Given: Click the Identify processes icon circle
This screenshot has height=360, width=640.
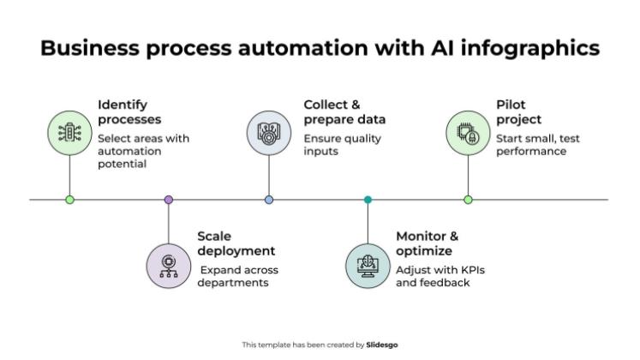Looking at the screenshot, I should (69, 133).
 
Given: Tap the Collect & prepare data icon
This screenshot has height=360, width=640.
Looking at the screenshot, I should (269, 133).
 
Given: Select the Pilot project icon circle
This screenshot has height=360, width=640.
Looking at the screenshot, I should (468, 133).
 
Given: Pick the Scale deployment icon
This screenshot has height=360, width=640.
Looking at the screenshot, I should (169, 264).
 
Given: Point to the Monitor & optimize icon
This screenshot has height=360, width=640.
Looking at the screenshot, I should (368, 264).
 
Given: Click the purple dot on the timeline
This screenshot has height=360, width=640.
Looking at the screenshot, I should (169, 200).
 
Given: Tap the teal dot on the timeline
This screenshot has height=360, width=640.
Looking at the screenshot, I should (368, 200).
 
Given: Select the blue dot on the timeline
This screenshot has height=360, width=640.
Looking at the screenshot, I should (269, 200).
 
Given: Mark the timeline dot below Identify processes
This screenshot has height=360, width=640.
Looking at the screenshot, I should (69, 200).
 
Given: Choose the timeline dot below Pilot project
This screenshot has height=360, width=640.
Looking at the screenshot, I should (468, 200).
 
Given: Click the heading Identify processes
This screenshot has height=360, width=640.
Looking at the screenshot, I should (129, 112).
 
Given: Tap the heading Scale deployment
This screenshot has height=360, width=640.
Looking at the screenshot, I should (236, 243).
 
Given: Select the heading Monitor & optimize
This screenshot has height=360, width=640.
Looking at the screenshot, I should (428, 243).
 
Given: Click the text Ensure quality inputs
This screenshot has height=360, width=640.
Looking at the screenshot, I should (343, 145).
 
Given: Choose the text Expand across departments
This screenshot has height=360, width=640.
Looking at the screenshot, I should (238, 276).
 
